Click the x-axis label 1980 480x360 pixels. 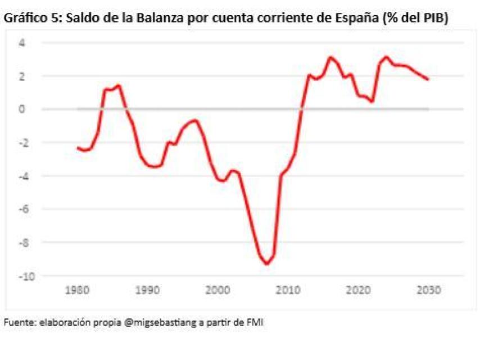(78, 291)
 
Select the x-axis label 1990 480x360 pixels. (147, 291)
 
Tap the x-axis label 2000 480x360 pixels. (218, 291)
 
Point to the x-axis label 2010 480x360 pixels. (288, 291)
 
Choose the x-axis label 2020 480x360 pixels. (357, 291)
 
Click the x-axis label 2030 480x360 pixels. (428, 291)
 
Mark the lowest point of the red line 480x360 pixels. (267, 264)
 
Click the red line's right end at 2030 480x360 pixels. (428, 79)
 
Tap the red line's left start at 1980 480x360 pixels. (78, 147)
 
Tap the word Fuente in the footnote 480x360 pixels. (17, 322)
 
